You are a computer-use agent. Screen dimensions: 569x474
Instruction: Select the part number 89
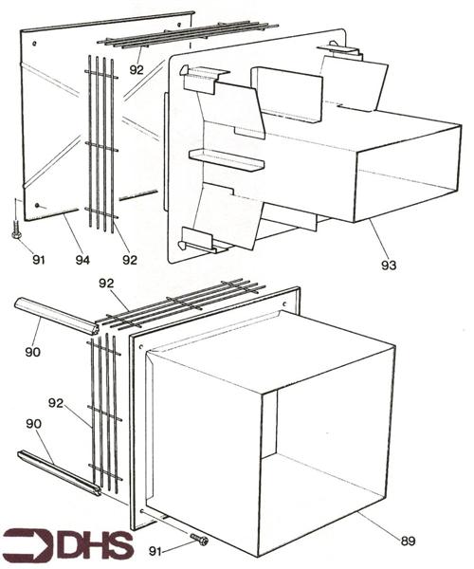click(x=409, y=541)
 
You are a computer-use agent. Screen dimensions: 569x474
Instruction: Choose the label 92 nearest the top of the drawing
click(x=137, y=68)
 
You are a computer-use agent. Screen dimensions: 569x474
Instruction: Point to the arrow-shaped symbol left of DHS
click(x=27, y=546)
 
